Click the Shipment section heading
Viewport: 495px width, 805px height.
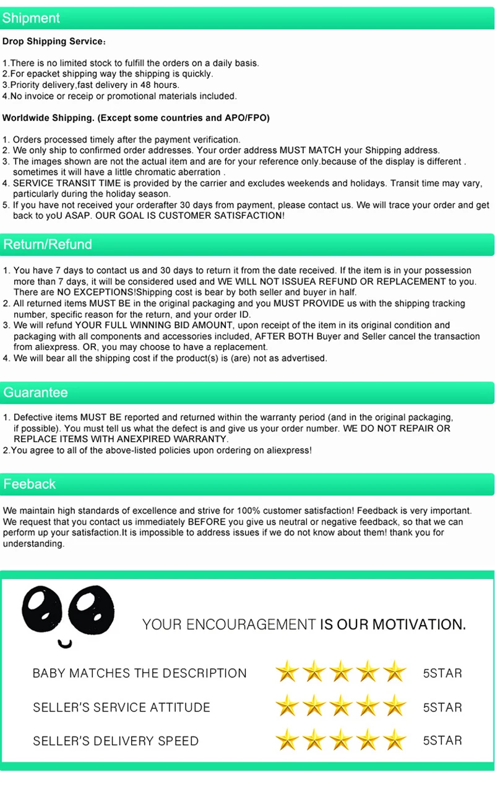(31, 18)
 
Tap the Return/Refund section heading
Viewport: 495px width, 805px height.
(48, 244)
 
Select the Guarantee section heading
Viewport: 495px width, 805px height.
(35, 393)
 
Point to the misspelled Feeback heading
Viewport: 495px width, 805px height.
(30, 484)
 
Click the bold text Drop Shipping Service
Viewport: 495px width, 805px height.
(53, 41)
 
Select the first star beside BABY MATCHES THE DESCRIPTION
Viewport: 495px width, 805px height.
(287, 672)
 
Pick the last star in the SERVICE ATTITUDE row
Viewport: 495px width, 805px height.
(395, 707)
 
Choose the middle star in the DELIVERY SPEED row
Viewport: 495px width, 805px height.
(341, 740)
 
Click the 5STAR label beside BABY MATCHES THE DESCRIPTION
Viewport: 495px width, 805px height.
(442, 673)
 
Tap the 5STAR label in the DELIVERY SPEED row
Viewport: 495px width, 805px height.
(442, 741)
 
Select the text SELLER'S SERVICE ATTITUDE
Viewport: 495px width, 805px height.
(121, 707)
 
